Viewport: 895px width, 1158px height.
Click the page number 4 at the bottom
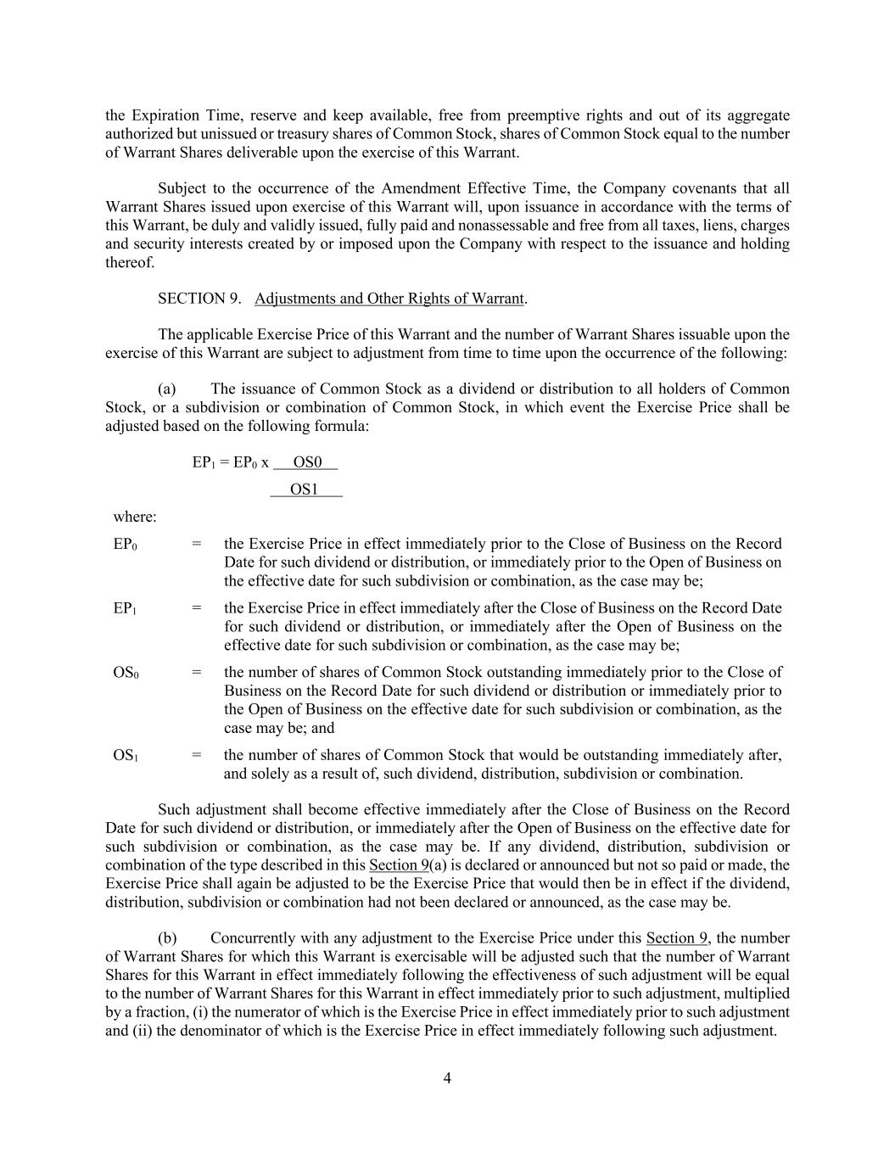point(447,1078)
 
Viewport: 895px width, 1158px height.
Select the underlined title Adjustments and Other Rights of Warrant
point(389,299)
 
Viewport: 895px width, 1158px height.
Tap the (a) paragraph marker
point(167,389)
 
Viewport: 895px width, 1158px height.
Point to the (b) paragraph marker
point(167,938)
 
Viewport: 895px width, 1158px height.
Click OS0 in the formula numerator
point(306,462)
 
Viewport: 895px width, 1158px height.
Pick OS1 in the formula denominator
point(305,489)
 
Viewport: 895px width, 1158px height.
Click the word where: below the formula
point(135,517)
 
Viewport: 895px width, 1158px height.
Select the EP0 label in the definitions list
point(126,544)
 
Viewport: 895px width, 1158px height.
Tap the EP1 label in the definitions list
point(126,608)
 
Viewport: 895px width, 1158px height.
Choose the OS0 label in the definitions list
point(126,673)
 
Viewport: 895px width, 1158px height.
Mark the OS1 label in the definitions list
point(126,755)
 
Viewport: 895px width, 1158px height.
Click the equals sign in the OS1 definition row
point(197,755)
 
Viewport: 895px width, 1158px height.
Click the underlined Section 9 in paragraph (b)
point(676,938)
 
